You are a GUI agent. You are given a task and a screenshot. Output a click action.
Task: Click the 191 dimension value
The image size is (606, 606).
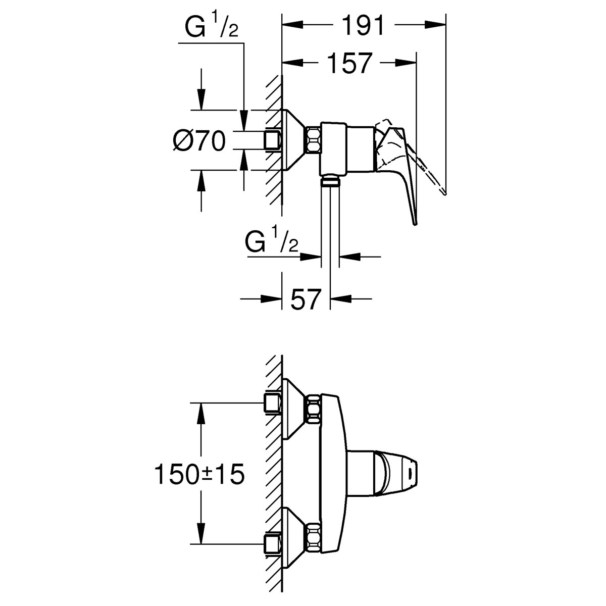tap(363, 25)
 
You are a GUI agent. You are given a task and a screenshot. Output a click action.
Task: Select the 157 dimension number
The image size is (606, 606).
tap(349, 63)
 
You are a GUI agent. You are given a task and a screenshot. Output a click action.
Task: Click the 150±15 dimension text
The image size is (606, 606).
tap(199, 475)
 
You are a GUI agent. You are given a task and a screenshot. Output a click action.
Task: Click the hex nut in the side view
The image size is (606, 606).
tap(313, 140)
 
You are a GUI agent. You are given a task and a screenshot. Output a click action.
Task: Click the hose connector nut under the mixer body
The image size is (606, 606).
tap(330, 181)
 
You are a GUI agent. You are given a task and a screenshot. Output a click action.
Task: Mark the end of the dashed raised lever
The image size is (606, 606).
tap(444, 192)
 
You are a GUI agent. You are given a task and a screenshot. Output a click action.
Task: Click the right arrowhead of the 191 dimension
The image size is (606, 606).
tap(435, 25)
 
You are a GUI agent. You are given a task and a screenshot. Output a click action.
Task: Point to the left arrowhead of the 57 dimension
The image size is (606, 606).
tap(271, 299)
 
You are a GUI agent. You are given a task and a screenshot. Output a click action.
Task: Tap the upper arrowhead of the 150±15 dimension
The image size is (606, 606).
tap(201, 413)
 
